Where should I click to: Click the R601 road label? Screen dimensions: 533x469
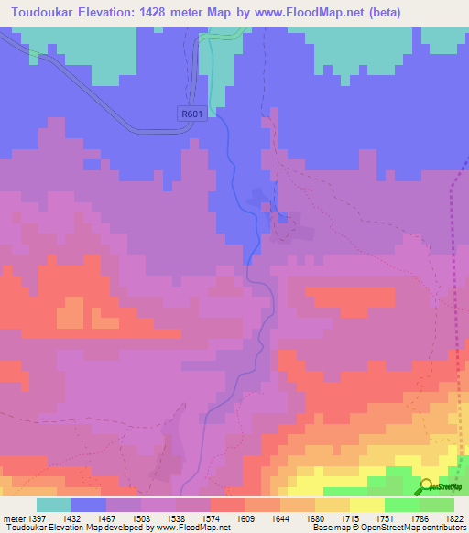click(189, 112)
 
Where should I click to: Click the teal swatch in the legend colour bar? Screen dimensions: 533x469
click(54, 505)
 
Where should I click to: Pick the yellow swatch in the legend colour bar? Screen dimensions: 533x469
click(366, 505)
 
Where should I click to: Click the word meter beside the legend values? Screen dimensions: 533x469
click(16, 517)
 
